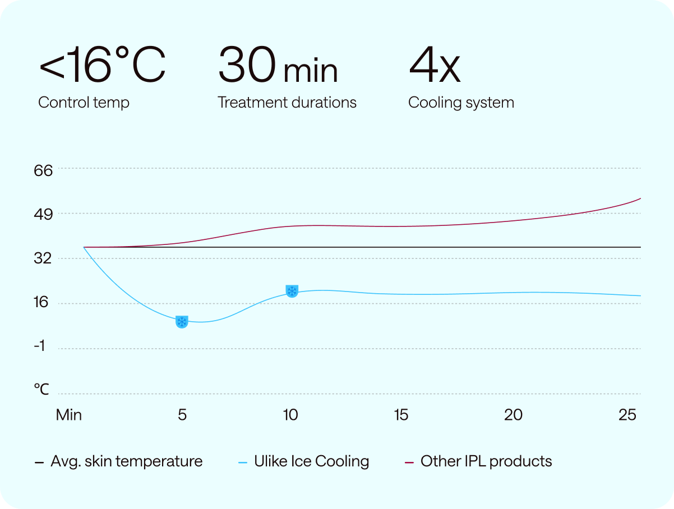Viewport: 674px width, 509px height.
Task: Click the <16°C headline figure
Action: pyautogui.click(x=102, y=66)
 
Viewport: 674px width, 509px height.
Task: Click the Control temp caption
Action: pyautogui.click(x=84, y=103)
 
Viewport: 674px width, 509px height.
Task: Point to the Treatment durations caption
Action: pyautogui.click(x=287, y=103)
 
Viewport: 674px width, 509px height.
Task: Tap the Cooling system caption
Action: pyautogui.click(x=461, y=103)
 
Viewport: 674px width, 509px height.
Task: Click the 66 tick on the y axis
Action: pyautogui.click(x=43, y=170)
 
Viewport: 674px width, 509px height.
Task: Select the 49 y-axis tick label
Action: pyautogui.click(x=43, y=215)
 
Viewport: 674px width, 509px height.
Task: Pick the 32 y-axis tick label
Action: pyautogui.click(x=43, y=259)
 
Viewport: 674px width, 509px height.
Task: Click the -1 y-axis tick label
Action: pyautogui.click(x=39, y=346)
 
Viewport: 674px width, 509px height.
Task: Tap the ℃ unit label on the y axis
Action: pyautogui.click(x=41, y=388)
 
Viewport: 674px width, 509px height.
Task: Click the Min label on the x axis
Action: pyautogui.click(x=69, y=415)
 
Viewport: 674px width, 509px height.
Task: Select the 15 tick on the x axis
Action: pyautogui.click(x=401, y=415)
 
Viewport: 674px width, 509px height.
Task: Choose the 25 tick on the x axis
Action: pyautogui.click(x=627, y=415)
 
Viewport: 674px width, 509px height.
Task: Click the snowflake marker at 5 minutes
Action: pyautogui.click(x=182, y=322)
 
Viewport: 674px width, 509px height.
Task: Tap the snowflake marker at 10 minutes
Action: pyautogui.click(x=292, y=291)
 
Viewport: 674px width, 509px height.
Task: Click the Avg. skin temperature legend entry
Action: pyautogui.click(x=119, y=461)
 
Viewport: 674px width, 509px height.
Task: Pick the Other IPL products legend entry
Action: pyautogui.click(x=478, y=461)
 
